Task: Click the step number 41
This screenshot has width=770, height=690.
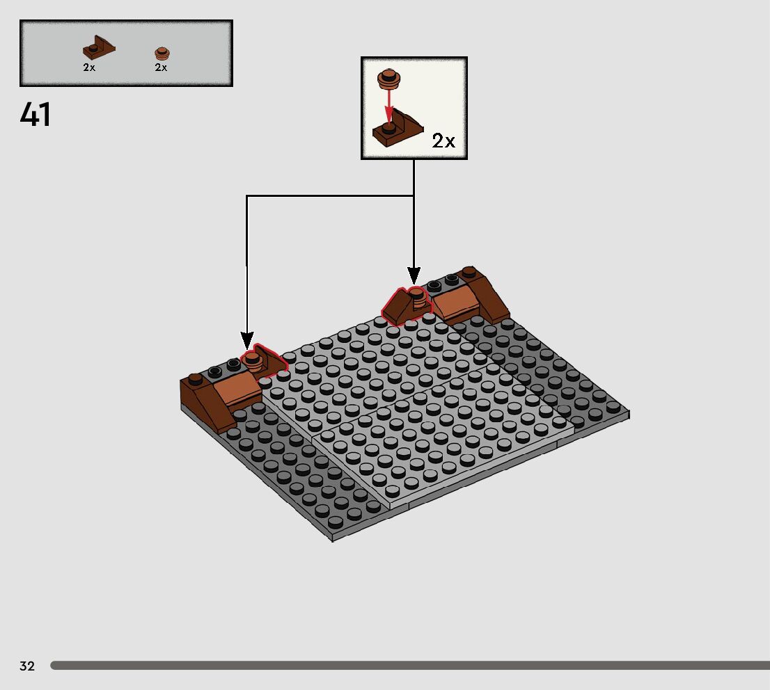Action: point(36,115)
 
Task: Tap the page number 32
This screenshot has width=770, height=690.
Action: point(27,666)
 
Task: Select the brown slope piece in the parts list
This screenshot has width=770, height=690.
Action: point(98,49)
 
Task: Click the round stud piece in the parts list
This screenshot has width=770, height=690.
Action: point(162,53)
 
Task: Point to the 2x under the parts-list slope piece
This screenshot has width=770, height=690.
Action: point(89,68)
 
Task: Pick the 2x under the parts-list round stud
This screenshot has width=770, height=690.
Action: point(161,68)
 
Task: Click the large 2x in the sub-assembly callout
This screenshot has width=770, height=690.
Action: point(443,141)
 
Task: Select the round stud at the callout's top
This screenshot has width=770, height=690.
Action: point(388,78)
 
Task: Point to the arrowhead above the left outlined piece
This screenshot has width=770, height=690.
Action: point(247,341)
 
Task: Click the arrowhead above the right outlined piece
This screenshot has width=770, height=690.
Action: point(414,275)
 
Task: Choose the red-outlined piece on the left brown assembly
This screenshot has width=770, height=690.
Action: point(262,363)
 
